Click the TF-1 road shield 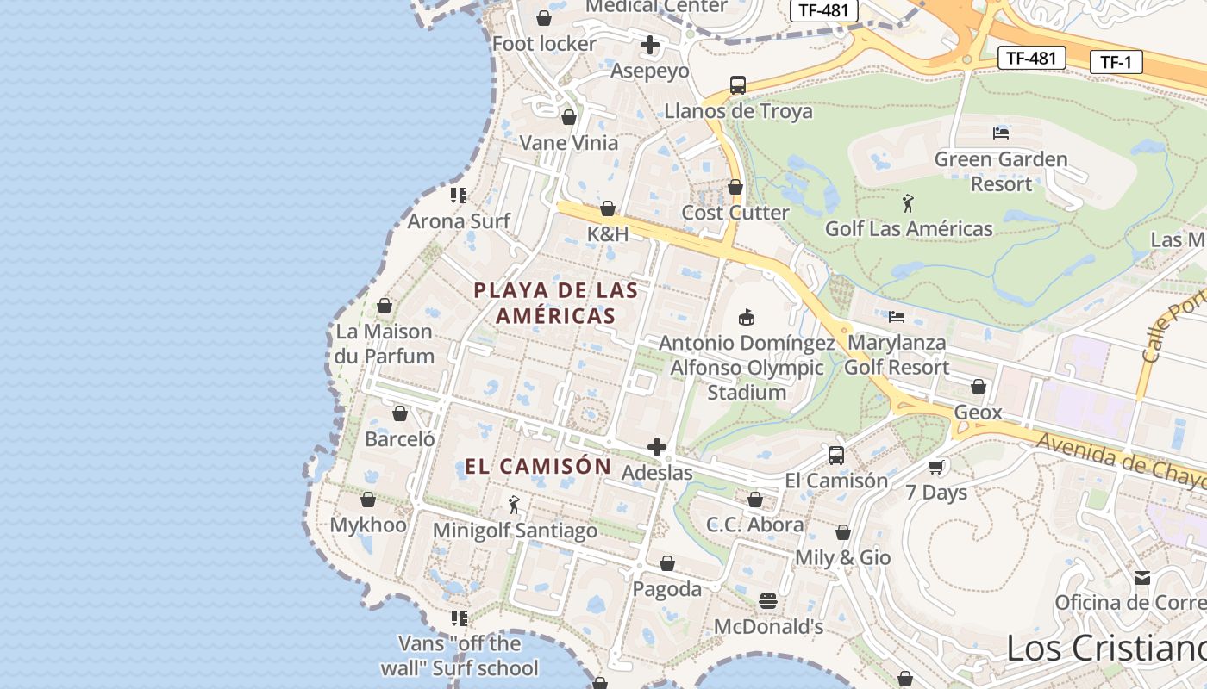(1116, 62)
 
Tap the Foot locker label (544, 44)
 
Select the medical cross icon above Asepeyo (650, 45)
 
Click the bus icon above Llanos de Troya (738, 84)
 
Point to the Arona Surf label (459, 221)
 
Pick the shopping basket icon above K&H (608, 208)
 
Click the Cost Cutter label (735, 213)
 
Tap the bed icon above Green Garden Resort (1001, 133)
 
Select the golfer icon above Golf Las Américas (908, 204)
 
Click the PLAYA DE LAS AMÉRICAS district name (556, 303)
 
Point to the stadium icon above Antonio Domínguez (747, 318)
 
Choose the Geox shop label (978, 413)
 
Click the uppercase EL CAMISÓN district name (538, 467)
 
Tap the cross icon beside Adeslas (657, 447)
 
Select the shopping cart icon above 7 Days (936, 467)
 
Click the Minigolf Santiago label (515, 531)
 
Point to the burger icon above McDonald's (768, 600)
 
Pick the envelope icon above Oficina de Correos (1142, 577)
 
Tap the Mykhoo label (368, 525)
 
